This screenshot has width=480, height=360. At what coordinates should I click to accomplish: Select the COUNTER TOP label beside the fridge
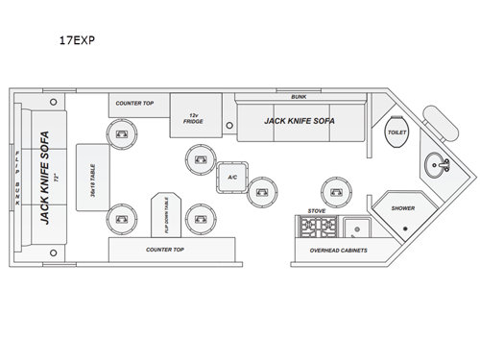point(135,101)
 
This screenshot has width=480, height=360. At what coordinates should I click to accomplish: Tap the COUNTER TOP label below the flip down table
point(164,250)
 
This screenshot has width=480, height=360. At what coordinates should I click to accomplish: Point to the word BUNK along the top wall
point(300,96)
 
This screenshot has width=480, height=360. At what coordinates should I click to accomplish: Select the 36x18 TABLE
point(93,178)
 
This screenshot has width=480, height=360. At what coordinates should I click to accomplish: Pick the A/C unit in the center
point(232,178)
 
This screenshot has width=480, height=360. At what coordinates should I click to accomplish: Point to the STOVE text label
point(316,209)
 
